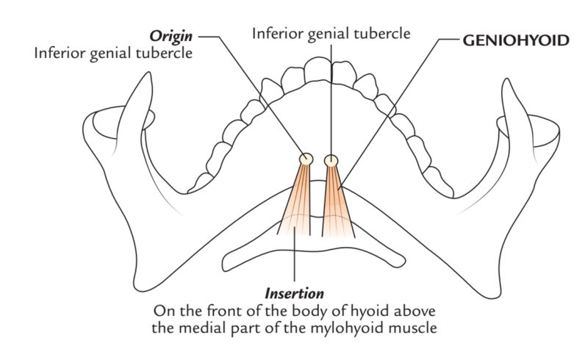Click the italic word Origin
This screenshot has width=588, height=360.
171,35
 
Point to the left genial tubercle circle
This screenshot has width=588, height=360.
306,159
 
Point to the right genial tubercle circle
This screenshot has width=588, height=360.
331,159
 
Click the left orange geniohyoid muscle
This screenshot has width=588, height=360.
298,202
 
